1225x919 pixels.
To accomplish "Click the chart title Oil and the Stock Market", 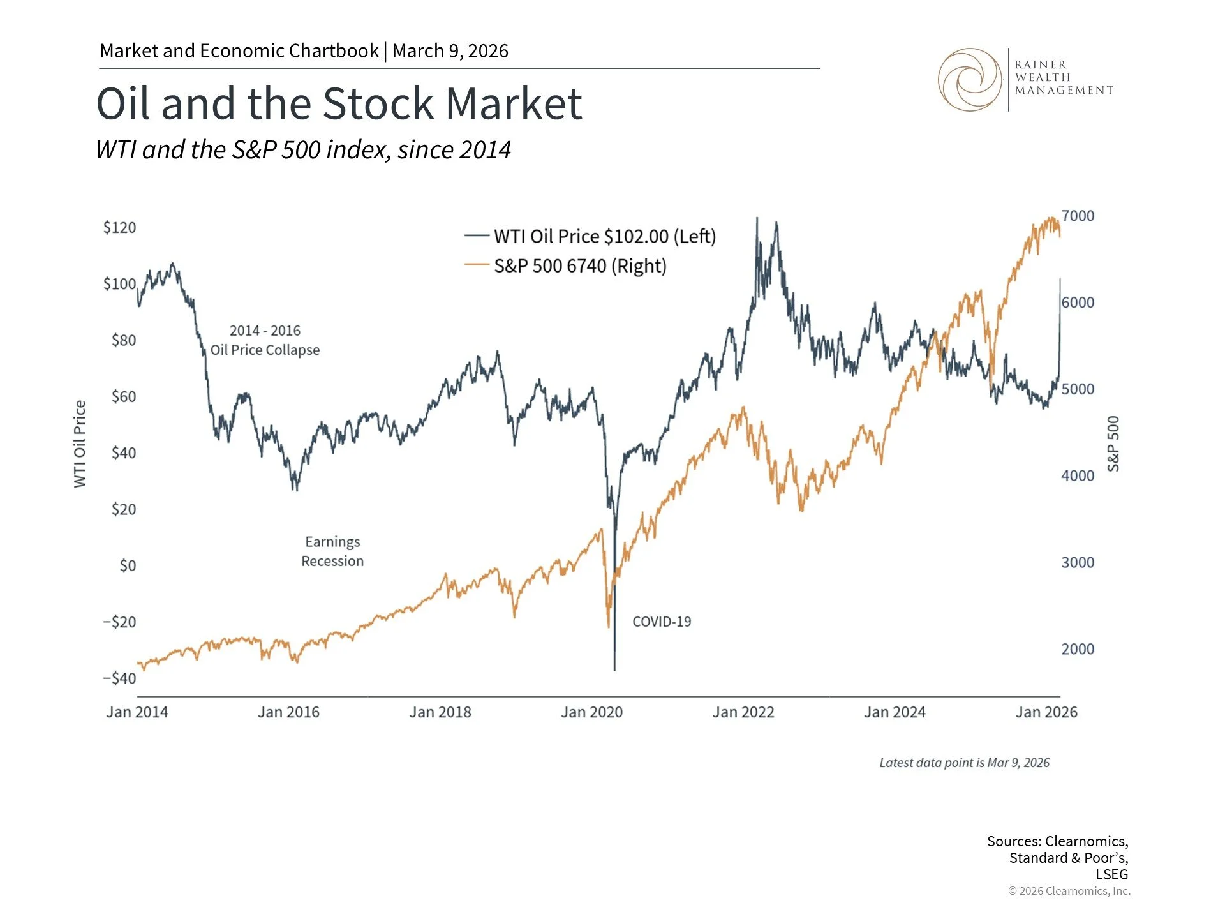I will (x=339, y=103).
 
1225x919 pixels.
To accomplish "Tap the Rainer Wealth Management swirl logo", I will (x=970, y=80).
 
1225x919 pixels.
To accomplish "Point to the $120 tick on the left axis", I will (x=119, y=228).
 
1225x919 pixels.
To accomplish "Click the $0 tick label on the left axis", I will (x=128, y=565).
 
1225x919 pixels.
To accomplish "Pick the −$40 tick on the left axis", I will (x=119, y=678).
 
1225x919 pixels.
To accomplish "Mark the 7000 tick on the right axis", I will (x=1078, y=216).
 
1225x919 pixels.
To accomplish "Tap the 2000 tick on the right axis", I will (x=1078, y=649).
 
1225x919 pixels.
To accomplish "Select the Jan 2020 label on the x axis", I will (x=591, y=712).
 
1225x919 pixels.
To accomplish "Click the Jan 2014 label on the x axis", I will (x=137, y=712).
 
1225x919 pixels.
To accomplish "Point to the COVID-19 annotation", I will (x=662, y=622).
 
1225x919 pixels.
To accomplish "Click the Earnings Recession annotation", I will (x=332, y=551).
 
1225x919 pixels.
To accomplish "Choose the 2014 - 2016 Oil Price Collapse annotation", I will (x=265, y=340).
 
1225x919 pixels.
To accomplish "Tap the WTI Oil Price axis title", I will (x=80, y=444).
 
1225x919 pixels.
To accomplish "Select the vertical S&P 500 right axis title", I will (x=1113, y=444).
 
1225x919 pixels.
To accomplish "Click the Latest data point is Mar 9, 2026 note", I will (x=964, y=763).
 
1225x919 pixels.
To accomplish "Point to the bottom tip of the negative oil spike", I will (x=614, y=669).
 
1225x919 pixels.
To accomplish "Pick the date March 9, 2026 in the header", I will (x=450, y=51).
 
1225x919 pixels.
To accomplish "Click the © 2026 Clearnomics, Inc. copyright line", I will (x=1069, y=891).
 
